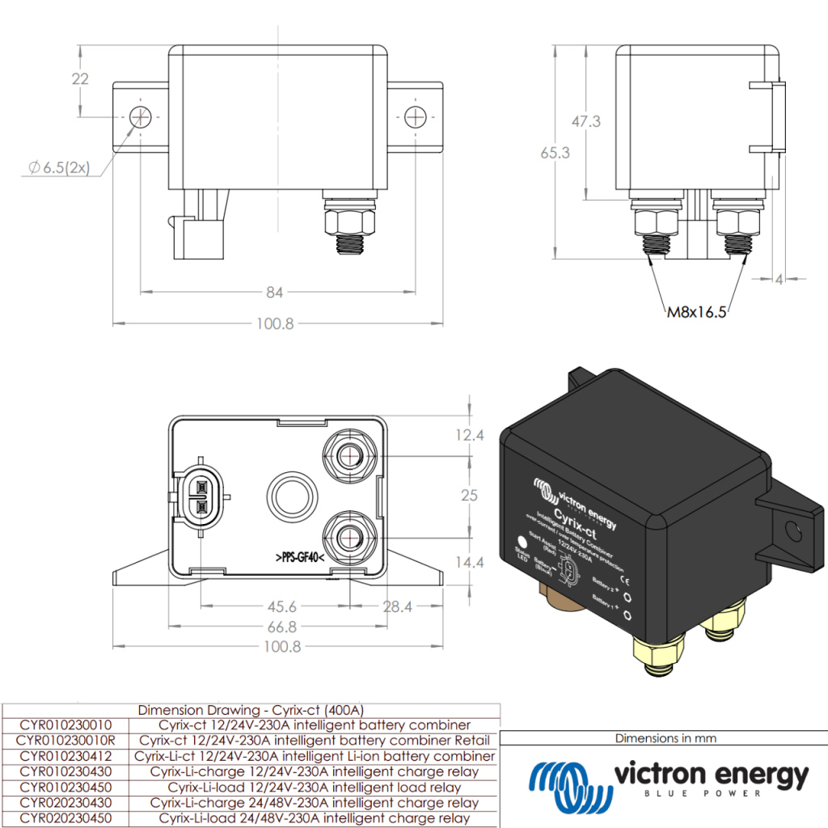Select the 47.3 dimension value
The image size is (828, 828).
(x=585, y=121)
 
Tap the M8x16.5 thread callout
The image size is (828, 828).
(x=695, y=311)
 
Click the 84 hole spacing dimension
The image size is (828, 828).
(x=276, y=291)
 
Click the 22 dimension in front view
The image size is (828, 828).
(x=80, y=79)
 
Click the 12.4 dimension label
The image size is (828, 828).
(x=469, y=435)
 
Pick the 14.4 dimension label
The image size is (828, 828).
(x=469, y=561)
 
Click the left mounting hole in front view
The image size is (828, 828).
(x=140, y=117)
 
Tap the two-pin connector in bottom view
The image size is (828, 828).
(x=198, y=497)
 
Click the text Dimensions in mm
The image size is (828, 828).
(x=665, y=737)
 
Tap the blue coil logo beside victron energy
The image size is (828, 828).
(x=567, y=780)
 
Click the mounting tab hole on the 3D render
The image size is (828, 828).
(x=794, y=531)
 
